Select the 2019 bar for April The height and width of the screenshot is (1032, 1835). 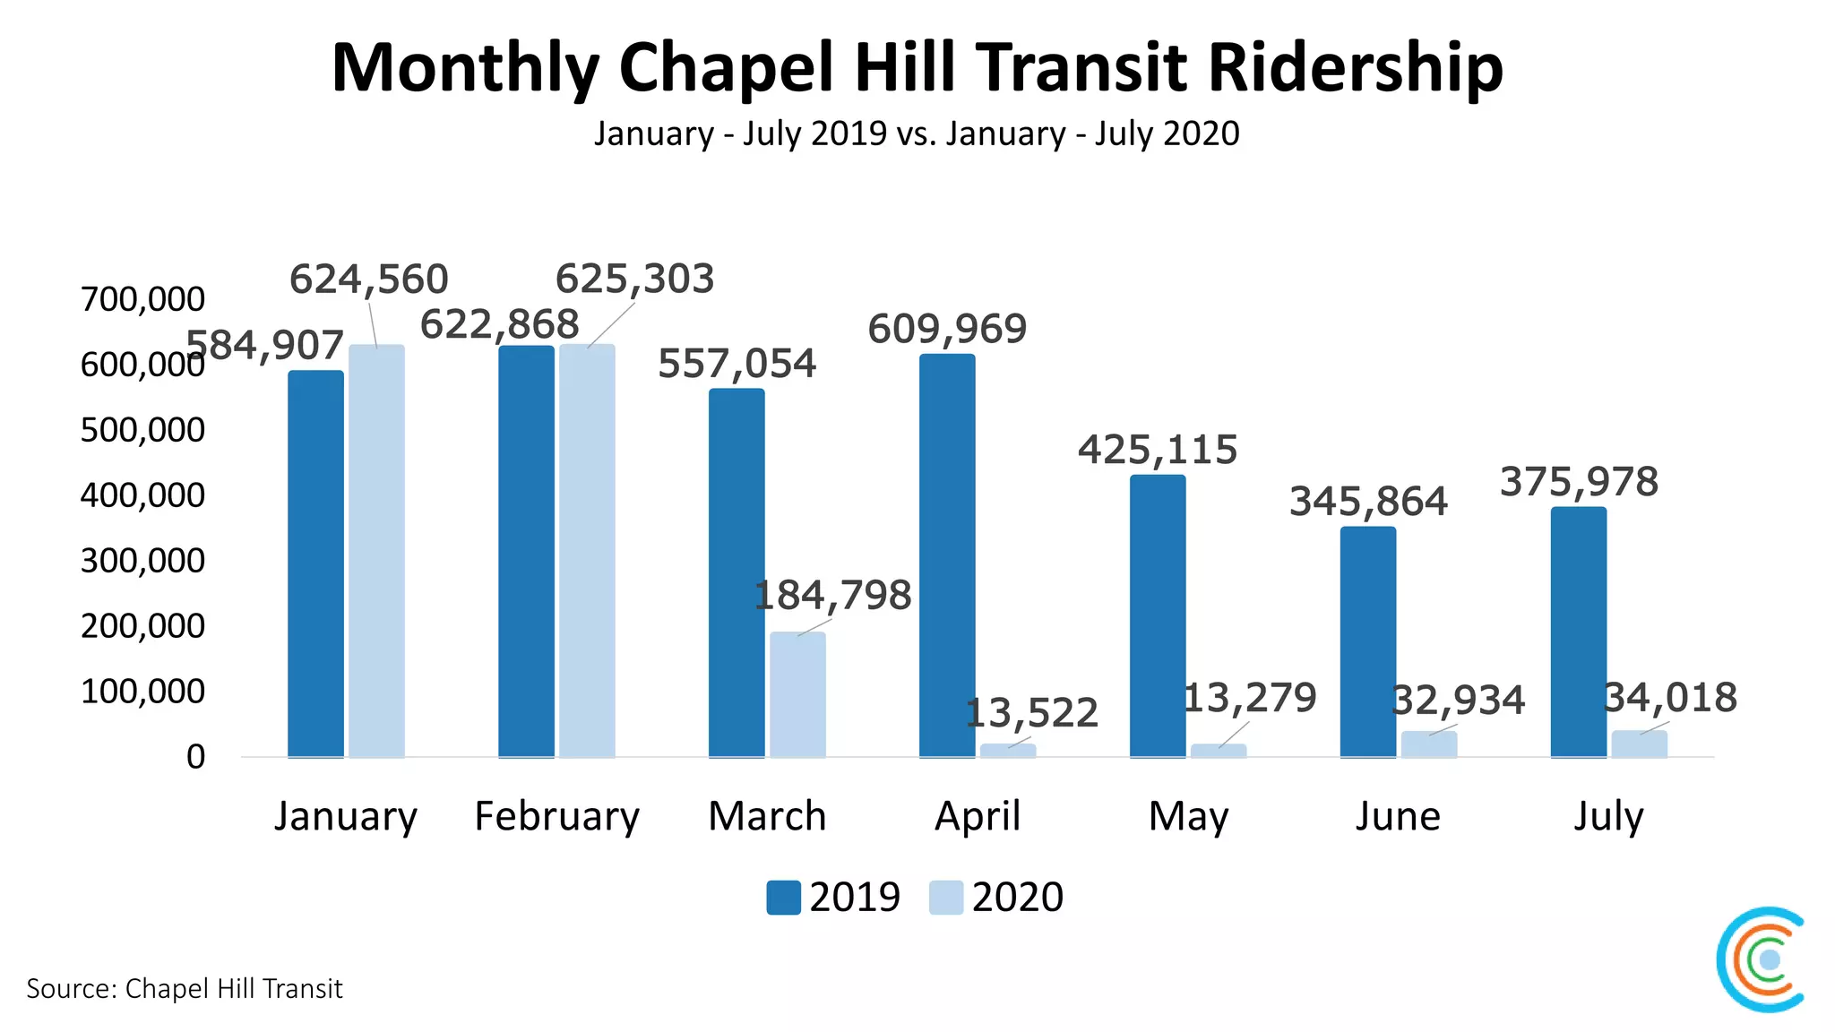(x=947, y=555)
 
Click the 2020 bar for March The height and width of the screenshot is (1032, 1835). (x=797, y=694)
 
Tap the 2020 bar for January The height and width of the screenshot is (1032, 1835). (x=376, y=551)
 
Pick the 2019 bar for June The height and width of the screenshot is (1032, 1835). (x=1368, y=641)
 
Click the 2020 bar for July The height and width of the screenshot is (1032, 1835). (x=1639, y=744)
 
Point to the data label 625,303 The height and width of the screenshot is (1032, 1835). (x=634, y=279)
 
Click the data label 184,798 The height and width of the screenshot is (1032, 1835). (x=832, y=595)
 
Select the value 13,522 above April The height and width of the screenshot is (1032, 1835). (x=1031, y=713)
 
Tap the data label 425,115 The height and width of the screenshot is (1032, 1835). (x=1157, y=450)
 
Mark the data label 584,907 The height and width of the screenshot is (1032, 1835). (x=265, y=346)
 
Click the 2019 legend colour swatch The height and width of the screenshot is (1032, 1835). (x=783, y=898)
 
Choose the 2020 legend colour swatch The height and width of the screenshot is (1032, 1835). (x=945, y=898)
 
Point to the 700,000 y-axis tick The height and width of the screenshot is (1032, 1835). (x=142, y=299)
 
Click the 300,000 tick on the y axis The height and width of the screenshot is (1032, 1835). (x=142, y=561)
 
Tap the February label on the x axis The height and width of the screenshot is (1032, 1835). (x=556, y=816)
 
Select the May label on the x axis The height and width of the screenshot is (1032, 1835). (x=1188, y=816)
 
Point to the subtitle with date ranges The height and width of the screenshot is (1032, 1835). (x=917, y=133)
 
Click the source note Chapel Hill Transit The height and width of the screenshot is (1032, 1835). (x=184, y=988)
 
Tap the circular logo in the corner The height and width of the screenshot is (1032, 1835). (x=1762, y=959)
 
